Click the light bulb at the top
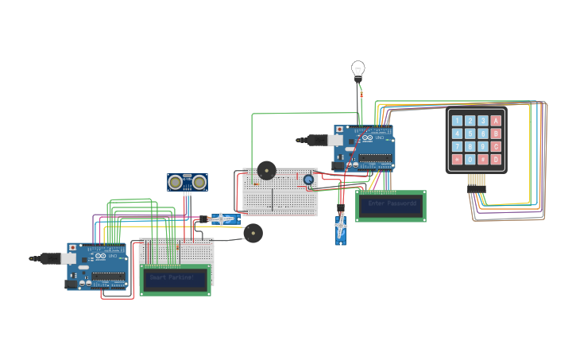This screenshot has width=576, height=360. pyautogui.click(x=358, y=70)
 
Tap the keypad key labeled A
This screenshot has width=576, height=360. pyautogui.click(x=497, y=122)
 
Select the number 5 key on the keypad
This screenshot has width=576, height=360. pyautogui.click(x=470, y=134)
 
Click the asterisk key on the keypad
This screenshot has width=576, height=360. pyautogui.click(x=457, y=160)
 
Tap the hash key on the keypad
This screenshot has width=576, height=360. pyautogui.click(x=483, y=160)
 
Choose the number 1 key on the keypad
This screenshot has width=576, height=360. pyautogui.click(x=457, y=122)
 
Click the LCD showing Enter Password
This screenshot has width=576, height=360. pyautogui.click(x=391, y=206)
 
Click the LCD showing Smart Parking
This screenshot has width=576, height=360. pyautogui.click(x=175, y=280)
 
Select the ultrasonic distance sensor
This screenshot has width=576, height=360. pyautogui.click(x=187, y=183)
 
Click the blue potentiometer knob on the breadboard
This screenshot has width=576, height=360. pyautogui.click(x=308, y=180)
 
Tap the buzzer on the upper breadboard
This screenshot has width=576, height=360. pyautogui.click(x=266, y=171)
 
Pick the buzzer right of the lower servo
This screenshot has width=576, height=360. pyautogui.click(x=253, y=233)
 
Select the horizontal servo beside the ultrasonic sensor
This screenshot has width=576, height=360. pyautogui.click(x=222, y=219)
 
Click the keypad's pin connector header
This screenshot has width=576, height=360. pyautogui.click(x=476, y=180)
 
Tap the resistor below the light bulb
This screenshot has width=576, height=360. pyautogui.click(x=361, y=95)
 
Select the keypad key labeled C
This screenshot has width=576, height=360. pyautogui.click(x=497, y=147)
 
